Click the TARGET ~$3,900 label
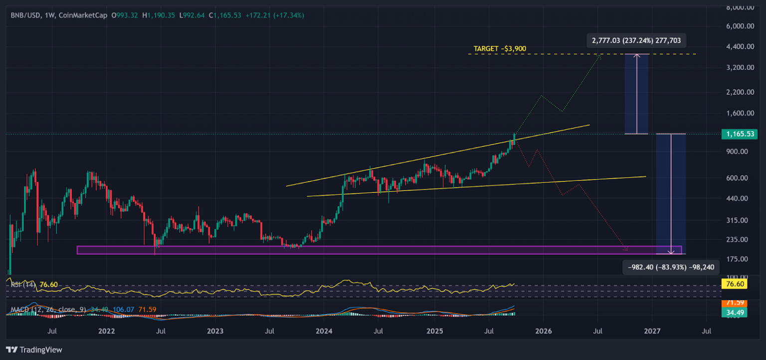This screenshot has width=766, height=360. click(x=500, y=49)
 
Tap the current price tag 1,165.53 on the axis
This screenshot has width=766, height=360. click(x=739, y=134)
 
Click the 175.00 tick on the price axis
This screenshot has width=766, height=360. click(x=741, y=259)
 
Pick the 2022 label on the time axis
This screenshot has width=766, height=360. click(x=106, y=331)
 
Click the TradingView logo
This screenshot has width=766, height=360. click(x=34, y=350)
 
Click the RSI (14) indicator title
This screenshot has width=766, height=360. click(x=23, y=285)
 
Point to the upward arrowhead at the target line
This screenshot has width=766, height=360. click(x=637, y=55)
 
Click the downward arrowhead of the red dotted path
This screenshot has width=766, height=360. click(x=626, y=248)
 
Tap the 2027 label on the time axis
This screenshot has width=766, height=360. click(x=652, y=331)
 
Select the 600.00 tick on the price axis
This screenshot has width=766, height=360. click(x=741, y=178)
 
